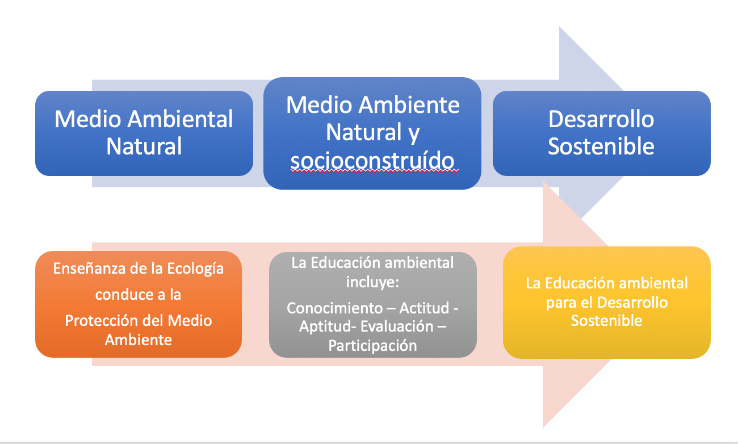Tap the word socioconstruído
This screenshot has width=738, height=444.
pos(373,161)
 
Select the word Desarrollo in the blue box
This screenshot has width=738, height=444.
pos(601,120)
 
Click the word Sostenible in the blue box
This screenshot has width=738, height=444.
pos(601,146)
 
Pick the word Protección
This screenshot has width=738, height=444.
pos(100,320)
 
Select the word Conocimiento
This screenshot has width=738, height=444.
pos(334,308)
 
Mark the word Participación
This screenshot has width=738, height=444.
pos(372,345)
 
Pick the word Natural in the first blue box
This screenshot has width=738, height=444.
pos(144,146)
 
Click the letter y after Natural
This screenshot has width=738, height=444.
pos(413,133)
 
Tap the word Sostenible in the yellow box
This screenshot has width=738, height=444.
pos(606,321)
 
